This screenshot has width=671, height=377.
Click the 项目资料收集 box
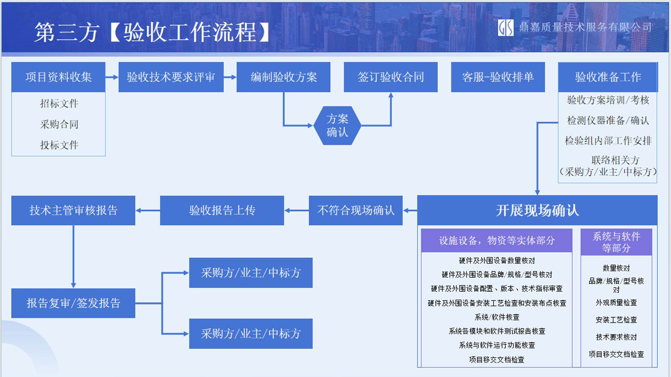pos(58,77)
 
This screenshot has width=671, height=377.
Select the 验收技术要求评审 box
pos(171,77)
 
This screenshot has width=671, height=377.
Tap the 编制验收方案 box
pos(283,77)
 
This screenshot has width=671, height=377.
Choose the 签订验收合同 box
pos(390,77)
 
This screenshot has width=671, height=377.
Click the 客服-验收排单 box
pos(498,77)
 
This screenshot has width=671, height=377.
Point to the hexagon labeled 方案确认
pos(337,126)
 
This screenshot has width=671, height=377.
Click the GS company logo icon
pos(505,28)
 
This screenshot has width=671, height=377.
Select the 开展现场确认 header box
pos(537,210)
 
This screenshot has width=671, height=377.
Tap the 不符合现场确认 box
pos(356,210)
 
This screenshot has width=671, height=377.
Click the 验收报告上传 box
pos(222,210)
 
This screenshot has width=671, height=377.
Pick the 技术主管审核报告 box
pos(73,210)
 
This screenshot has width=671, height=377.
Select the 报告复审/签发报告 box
pos(73,303)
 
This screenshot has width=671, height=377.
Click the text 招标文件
pos(59,103)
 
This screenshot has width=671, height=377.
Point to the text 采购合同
pos(59,124)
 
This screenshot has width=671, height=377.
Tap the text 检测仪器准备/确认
pos(608,121)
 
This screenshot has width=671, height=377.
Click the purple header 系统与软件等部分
pos(616,242)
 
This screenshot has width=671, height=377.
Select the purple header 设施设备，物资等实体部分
pos(497,240)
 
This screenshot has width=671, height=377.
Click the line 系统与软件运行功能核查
pos(497,345)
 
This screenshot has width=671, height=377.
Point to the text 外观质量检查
pos(616,302)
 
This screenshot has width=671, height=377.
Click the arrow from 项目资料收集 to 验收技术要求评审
pos(112,77)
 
